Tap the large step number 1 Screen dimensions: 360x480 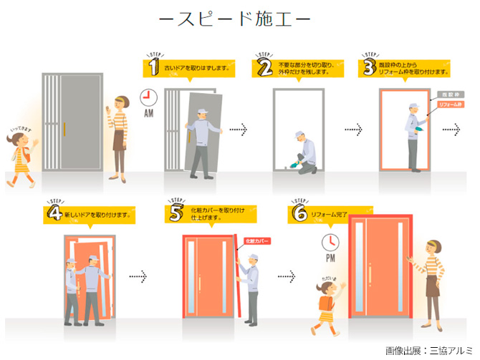153,67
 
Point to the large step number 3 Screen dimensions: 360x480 370,67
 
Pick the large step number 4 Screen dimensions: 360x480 53,213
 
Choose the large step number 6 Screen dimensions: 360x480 300,213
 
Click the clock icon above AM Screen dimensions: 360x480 150,97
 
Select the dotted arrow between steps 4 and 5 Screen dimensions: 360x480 137,276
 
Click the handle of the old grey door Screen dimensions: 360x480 64,129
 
